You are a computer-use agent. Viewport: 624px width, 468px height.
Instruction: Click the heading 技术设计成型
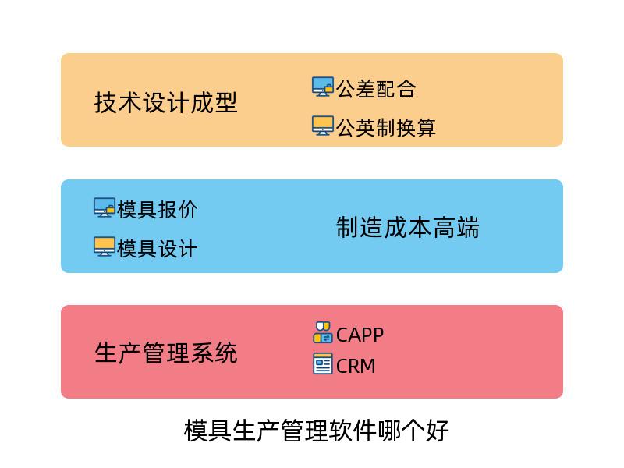(x=165, y=103)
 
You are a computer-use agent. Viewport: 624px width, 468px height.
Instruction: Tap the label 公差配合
(x=376, y=88)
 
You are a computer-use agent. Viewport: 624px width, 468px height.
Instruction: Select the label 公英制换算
(x=386, y=127)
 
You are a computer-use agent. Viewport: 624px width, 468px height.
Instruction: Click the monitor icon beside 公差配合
(x=323, y=87)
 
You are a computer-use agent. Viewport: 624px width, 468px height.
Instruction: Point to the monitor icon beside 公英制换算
(x=323, y=126)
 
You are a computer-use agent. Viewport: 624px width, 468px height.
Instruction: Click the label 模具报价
(x=158, y=209)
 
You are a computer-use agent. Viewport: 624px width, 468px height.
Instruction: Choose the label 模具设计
(x=158, y=249)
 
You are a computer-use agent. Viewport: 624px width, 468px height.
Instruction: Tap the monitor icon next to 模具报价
(x=105, y=207)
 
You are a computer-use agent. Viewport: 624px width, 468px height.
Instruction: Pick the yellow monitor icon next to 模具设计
(x=105, y=246)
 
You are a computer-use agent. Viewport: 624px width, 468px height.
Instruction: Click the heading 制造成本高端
(x=408, y=227)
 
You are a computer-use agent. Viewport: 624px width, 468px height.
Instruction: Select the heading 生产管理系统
(x=166, y=353)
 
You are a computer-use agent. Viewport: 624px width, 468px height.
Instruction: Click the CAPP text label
(x=360, y=335)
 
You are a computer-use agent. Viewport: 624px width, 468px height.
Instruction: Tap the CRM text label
(x=356, y=366)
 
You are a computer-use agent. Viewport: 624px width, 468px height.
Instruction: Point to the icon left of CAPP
(x=323, y=333)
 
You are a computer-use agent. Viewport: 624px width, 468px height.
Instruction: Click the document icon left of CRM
(x=323, y=363)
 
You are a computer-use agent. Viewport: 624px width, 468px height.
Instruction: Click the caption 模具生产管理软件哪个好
(x=317, y=431)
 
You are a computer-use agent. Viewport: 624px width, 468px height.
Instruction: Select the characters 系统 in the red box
(x=214, y=353)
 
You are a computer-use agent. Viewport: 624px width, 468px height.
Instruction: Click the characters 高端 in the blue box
(x=456, y=227)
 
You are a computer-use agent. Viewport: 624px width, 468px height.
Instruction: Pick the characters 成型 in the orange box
(x=214, y=103)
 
